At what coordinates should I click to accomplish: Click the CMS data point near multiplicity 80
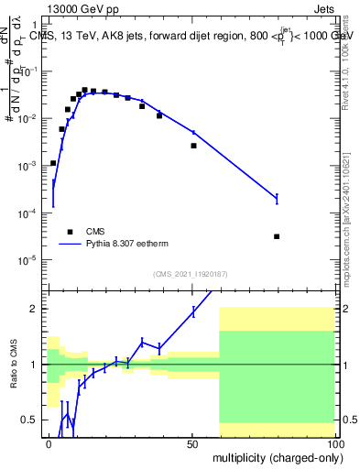277,236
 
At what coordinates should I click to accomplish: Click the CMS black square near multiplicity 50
193,146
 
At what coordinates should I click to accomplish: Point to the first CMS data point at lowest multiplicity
53,163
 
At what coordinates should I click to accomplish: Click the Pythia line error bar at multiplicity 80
277,198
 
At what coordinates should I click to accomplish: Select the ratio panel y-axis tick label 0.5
32,420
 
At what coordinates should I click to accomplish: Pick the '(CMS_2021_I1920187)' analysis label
191,274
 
